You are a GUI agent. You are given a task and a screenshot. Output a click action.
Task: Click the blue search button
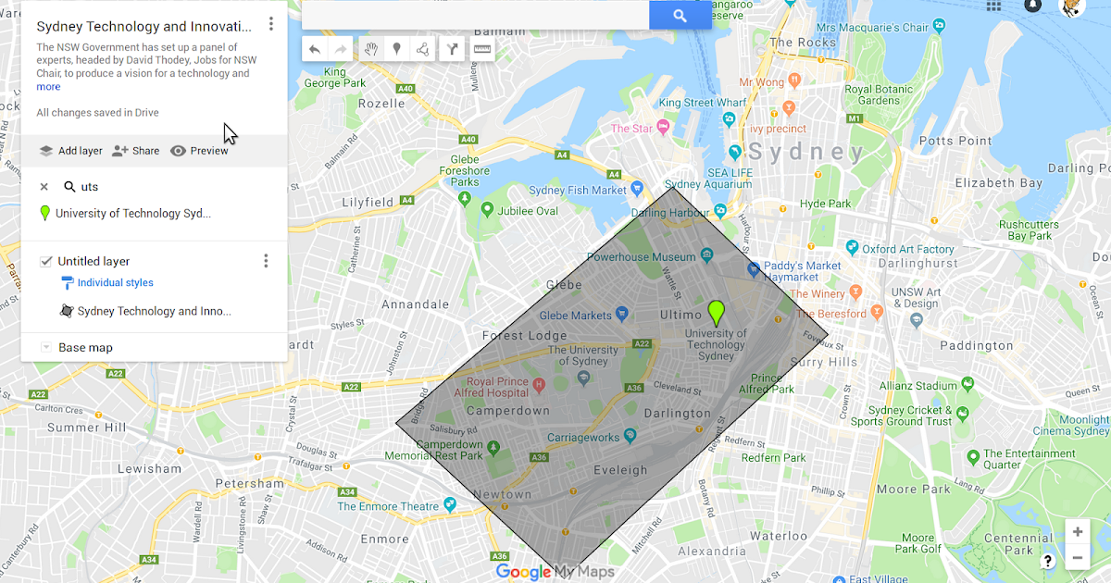tap(680, 15)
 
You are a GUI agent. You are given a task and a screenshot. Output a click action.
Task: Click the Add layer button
tap(70, 151)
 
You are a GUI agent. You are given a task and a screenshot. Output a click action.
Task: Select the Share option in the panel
tap(135, 151)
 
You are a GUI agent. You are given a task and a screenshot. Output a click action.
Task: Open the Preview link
tap(199, 151)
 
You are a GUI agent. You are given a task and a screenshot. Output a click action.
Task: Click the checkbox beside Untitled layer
tap(46, 262)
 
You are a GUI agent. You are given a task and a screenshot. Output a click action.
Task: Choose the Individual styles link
tap(115, 283)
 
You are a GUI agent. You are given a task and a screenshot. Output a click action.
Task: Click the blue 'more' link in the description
tap(48, 87)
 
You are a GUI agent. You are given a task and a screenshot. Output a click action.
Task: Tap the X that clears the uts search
tap(44, 187)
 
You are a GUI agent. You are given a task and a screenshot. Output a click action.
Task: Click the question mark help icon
tap(1048, 561)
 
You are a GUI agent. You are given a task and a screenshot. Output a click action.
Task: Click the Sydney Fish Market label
tap(578, 191)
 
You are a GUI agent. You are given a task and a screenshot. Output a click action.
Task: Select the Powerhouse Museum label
tap(641, 256)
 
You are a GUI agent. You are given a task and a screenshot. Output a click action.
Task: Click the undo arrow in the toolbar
tap(315, 49)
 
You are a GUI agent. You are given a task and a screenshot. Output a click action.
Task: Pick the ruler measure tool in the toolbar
tap(482, 49)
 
